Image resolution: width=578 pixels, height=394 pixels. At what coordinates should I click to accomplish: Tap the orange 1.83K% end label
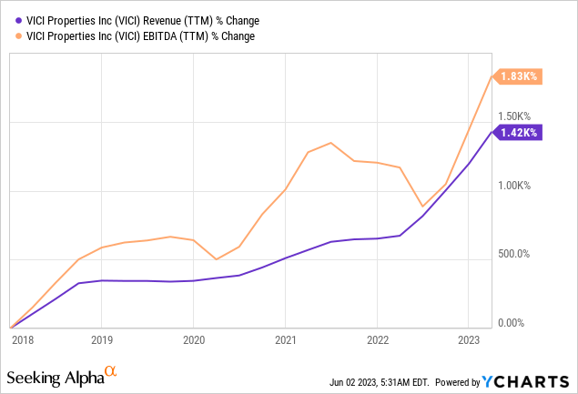coord(518,78)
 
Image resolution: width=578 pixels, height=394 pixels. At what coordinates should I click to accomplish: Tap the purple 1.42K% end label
coord(518,133)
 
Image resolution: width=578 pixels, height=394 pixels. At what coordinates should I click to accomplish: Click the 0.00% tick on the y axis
coord(512,322)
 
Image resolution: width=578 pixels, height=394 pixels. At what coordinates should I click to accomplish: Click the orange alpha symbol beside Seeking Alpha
coord(111,371)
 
